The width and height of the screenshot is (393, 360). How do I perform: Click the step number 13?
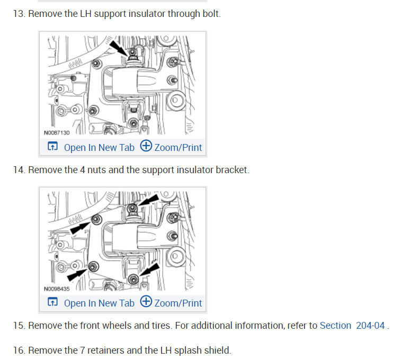[x=19, y=13]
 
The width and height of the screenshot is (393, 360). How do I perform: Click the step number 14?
[x=19, y=170]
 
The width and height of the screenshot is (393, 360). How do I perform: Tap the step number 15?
[x=19, y=326]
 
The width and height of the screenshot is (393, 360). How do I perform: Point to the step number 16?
[x=19, y=350]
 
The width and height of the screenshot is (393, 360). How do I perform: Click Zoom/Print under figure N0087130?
[x=172, y=147]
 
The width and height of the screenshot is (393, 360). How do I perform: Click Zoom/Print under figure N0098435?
[x=172, y=303]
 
